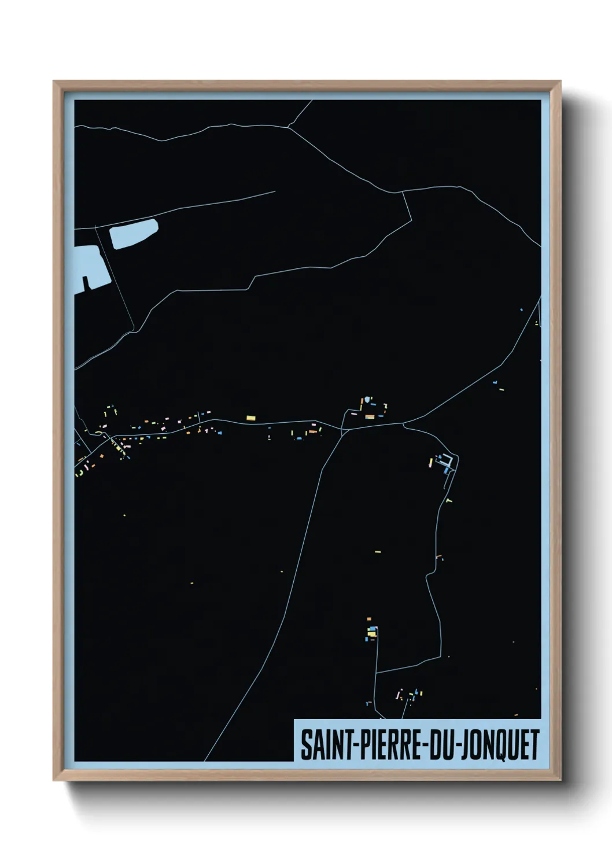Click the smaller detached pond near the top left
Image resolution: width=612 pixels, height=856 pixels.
click(x=134, y=234)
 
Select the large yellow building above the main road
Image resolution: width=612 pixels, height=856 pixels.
click(x=250, y=418)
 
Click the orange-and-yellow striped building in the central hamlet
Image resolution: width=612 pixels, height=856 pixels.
click(x=369, y=416)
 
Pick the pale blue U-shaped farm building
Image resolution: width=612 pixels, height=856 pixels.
click(x=447, y=461)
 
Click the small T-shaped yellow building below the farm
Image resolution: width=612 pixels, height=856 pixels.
click(x=449, y=500)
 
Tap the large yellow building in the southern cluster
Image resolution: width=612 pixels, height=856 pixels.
click(x=372, y=634)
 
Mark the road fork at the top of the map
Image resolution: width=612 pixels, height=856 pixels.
click(x=288, y=127)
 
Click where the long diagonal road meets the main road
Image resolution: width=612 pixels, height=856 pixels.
click(x=343, y=430)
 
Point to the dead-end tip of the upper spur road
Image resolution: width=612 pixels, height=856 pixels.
click(x=275, y=192)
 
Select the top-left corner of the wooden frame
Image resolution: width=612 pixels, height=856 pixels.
click(x=54, y=82)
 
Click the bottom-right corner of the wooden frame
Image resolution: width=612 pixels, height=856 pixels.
click(x=560, y=780)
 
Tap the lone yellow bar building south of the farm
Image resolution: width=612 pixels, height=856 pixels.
click(x=378, y=552)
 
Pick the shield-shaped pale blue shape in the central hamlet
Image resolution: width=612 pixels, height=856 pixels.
click(x=367, y=399)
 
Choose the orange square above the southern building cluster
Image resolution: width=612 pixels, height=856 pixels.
click(x=369, y=619)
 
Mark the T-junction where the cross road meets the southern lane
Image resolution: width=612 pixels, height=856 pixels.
click(x=376, y=673)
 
